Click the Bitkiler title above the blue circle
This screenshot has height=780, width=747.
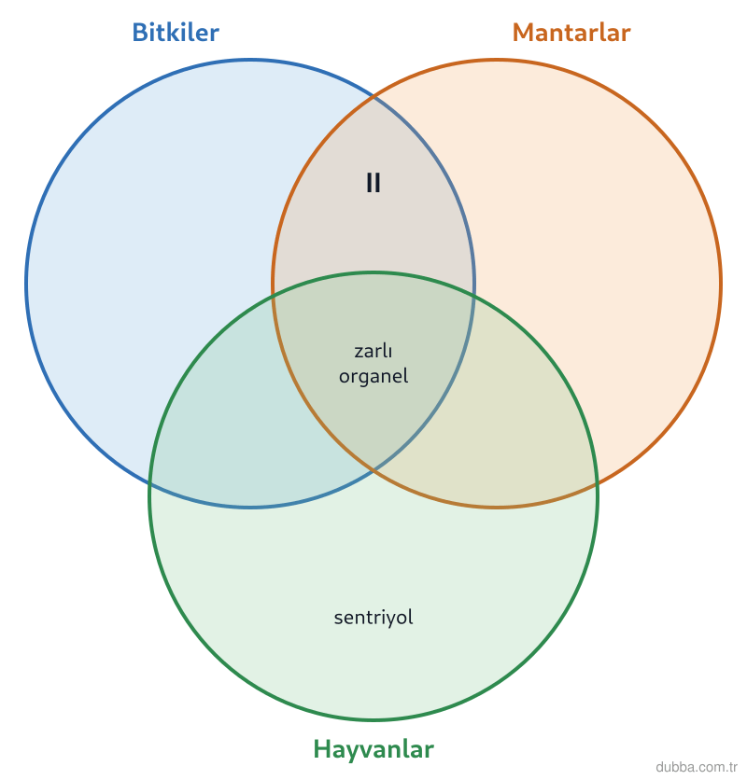pos(176,33)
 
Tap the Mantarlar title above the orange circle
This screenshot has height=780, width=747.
pos(571,33)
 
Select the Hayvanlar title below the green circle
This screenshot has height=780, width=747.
pos(373,749)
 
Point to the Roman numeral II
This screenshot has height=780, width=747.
pos(373,183)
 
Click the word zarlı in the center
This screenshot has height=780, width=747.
pos(373,351)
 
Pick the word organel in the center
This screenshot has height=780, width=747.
pos(373,377)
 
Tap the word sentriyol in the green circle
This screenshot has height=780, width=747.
pos(373,618)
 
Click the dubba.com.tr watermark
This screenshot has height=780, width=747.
pos(697,767)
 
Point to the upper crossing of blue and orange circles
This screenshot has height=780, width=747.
pos(373,96)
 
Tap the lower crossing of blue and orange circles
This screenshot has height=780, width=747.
pos(373,470)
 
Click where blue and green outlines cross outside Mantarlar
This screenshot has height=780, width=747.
pos(151,483)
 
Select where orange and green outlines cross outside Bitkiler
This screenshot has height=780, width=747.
pos(596,483)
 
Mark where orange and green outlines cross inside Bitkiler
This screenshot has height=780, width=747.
pos(274,297)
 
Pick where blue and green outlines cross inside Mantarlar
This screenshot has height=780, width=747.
pos(473,297)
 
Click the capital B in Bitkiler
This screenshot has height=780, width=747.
pos(140,33)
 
